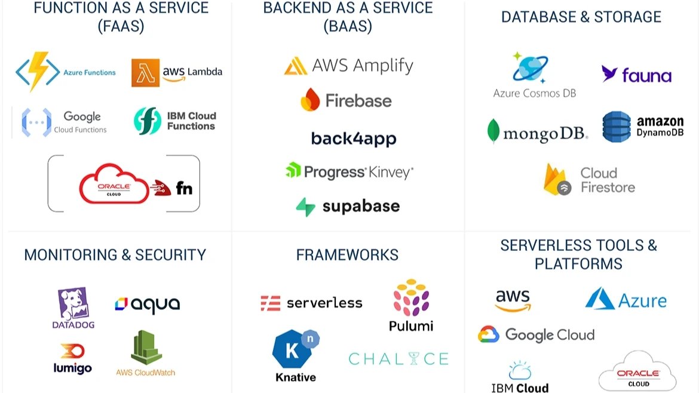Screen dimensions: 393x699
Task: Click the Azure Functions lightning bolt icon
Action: point(38,72)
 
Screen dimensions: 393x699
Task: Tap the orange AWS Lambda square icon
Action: point(145,72)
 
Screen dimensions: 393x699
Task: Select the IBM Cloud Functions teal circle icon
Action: point(147,121)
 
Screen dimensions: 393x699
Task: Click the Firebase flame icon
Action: point(310,100)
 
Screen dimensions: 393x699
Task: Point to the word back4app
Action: point(353,139)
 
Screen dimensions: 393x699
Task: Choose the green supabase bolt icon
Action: point(305,207)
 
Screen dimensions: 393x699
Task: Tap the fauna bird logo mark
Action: point(609,73)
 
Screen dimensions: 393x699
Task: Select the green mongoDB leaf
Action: point(493,131)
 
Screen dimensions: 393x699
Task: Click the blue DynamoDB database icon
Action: point(617,127)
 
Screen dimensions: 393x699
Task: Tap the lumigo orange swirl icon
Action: point(72,351)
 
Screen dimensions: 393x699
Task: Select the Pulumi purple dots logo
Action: point(411,297)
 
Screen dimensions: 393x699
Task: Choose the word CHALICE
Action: point(398,359)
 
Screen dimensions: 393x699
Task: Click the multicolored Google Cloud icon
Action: point(488,334)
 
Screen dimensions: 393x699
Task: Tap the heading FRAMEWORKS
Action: point(347,255)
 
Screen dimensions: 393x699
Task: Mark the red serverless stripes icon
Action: point(270,303)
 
